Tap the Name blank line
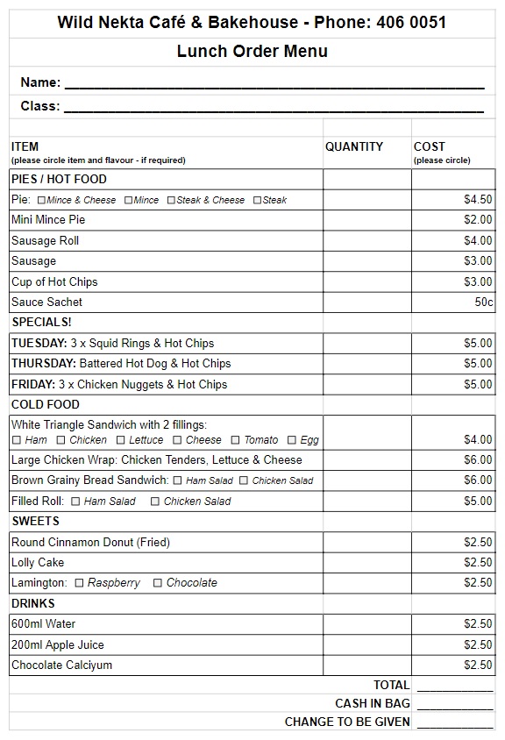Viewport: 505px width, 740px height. pos(274,83)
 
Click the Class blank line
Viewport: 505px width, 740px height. pos(274,107)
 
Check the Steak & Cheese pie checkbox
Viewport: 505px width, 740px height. pos(172,200)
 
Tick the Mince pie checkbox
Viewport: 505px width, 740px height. pos(128,200)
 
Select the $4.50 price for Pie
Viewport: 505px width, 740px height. pos(478,200)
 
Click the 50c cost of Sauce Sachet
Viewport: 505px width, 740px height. pos(484,302)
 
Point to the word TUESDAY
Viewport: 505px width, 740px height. pos(39,344)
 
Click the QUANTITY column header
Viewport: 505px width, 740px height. pos(354,147)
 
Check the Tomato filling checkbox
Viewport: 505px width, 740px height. pos(235,440)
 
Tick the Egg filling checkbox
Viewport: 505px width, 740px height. pos(292,440)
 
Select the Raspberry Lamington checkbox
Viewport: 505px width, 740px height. pos(80,583)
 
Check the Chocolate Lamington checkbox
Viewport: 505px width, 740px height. pos(158,583)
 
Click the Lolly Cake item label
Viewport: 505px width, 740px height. pos(38,563)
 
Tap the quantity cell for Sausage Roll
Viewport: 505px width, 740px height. pos(367,241)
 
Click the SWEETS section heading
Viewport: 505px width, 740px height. pos(36,522)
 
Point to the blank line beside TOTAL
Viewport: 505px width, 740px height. pos(454,687)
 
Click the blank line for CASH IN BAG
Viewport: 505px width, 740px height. pos(454,705)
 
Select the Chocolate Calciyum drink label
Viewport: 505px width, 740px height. pos(61,665)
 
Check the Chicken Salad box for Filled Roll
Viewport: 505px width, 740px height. pos(155,502)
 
